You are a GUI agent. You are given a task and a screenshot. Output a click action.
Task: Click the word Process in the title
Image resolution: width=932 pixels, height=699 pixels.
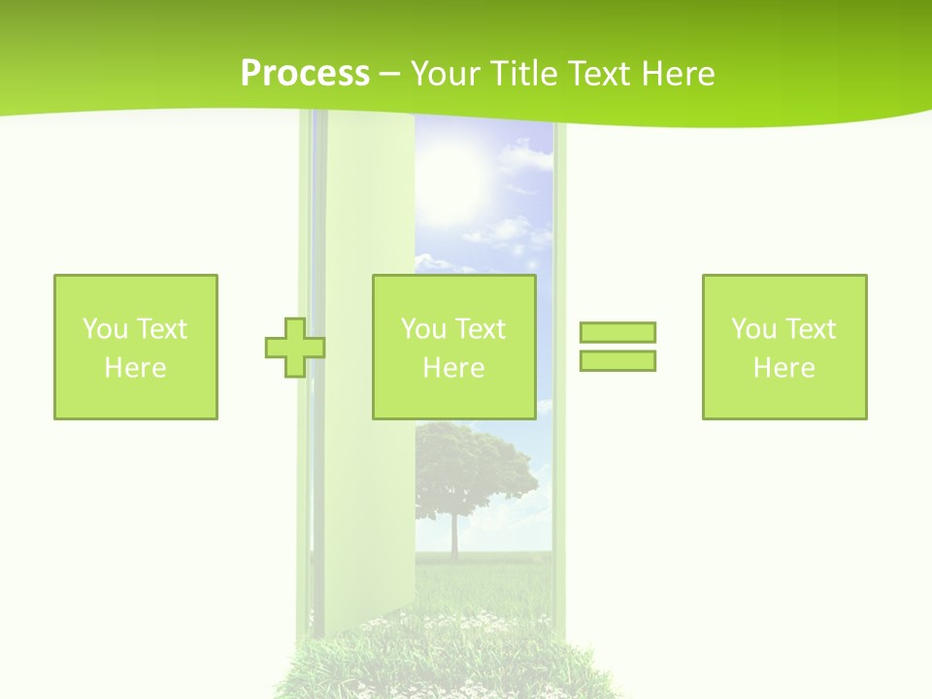point(305,74)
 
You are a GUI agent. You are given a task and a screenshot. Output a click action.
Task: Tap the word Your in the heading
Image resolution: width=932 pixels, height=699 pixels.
point(446,74)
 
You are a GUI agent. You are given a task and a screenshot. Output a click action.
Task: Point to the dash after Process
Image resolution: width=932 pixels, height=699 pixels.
point(390,75)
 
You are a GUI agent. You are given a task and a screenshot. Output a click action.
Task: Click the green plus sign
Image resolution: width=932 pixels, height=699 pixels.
point(295,348)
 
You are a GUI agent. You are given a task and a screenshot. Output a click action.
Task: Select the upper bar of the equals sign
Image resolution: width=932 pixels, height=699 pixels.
point(617,332)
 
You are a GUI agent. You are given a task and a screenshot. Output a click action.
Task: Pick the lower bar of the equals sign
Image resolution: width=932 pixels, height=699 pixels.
point(617,360)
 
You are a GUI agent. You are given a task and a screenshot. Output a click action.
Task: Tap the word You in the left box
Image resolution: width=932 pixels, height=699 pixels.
point(105,329)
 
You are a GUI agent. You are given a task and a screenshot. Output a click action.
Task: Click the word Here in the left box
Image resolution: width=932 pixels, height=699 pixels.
point(135,368)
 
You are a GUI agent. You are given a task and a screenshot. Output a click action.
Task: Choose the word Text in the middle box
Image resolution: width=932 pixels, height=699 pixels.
point(480,329)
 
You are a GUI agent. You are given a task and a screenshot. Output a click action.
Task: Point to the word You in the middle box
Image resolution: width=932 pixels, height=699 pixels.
point(423,329)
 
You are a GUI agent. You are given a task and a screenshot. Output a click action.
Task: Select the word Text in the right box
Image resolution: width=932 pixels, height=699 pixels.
point(810,329)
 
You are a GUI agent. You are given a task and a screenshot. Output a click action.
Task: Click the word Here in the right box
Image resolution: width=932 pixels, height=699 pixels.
point(783,368)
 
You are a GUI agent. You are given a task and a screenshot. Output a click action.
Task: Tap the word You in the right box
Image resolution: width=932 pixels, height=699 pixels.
point(753,329)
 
